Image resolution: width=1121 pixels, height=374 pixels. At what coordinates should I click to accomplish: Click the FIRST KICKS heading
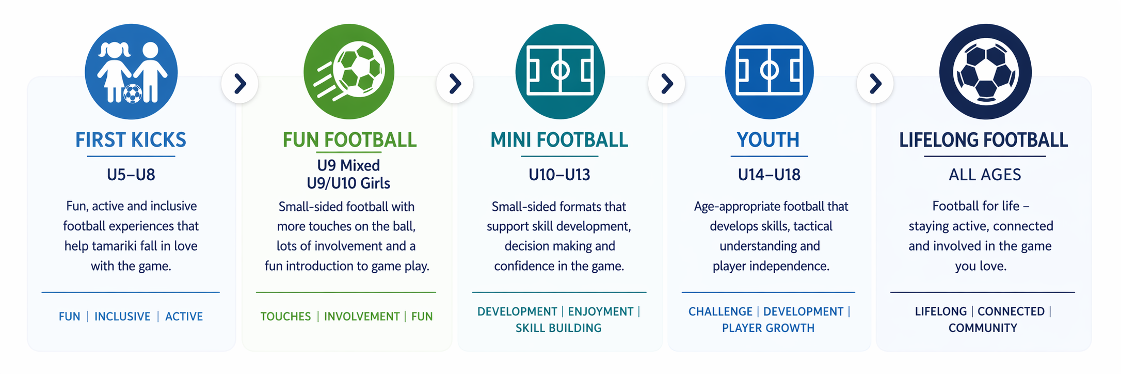(x=131, y=140)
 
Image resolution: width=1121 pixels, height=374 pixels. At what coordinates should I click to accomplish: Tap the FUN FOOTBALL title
(x=349, y=140)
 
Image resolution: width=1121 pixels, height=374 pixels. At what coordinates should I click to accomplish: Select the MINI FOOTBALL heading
(x=559, y=140)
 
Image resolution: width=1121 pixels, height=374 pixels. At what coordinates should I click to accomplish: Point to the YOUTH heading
(x=768, y=140)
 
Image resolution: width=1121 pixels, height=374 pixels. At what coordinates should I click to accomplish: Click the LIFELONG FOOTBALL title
(x=984, y=140)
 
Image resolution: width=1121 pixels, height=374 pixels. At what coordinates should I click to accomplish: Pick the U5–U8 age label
(x=131, y=175)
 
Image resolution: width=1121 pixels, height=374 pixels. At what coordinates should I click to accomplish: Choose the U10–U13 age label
(x=559, y=175)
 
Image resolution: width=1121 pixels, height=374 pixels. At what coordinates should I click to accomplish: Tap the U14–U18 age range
(x=769, y=175)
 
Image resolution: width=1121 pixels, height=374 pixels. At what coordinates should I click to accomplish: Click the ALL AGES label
(x=985, y=175)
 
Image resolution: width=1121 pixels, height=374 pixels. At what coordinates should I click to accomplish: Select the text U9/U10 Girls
(x=348, y=183)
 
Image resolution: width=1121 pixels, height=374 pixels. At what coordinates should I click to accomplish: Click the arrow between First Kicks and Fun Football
(x=240, y=83)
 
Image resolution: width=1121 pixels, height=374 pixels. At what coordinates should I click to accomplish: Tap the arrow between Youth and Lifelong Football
(x=875, y=83)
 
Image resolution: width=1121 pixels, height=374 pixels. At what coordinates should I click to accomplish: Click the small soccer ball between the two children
(x=133, y=93)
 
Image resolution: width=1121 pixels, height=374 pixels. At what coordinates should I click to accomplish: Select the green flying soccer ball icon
(x=349, y=71)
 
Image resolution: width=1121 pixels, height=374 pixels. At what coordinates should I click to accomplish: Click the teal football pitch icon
(x=560, y=71)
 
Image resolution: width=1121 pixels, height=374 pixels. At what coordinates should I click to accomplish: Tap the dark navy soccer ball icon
(x=985, y=71)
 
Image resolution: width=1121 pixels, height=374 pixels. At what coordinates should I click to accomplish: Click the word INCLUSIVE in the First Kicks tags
(x=122, y=316)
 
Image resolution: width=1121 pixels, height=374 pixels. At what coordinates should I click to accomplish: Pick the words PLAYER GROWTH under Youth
(x=768, y=328)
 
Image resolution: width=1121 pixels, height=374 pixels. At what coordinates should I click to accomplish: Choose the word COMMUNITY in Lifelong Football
(x=983, y=328)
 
